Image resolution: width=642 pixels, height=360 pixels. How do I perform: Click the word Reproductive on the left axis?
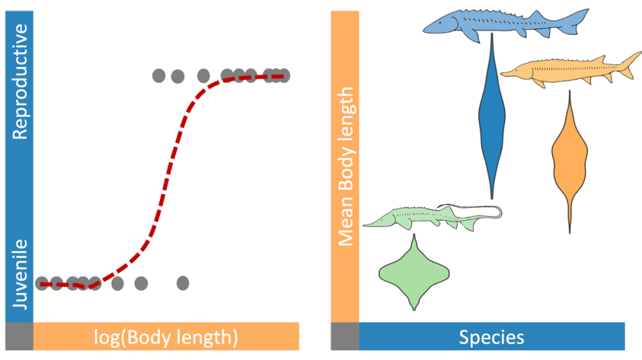pos(20,81)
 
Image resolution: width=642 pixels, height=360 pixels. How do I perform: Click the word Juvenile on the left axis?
pos(20,274)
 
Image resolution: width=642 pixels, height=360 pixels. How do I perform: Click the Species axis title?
pos(491,336)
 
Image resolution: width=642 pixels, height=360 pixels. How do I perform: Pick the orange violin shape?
pos(569,157)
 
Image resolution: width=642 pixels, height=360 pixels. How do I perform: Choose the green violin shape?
pos(413,271)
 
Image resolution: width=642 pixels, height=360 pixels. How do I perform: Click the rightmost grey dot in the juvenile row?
pos(183,283)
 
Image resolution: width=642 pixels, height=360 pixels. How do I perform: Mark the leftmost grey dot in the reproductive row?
pos(159,75)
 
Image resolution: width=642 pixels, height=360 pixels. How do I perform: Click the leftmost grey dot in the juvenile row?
pos(43,283)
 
